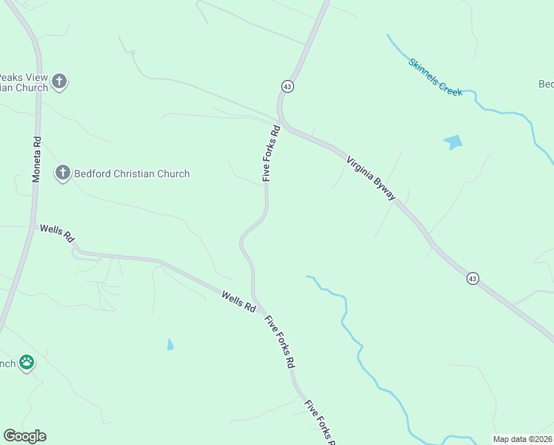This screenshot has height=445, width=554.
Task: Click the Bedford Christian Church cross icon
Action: pyautogui.click(x=63, y=174)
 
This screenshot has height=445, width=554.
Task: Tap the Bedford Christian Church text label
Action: pyautogui.click(x=131, y=174)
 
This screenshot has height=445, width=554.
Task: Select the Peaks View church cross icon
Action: pyautogui.click(x=59, y=82)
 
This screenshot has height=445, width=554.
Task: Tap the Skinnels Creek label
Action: pyautogui.click(x=435, y=77)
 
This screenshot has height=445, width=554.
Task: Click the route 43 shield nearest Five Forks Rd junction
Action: pyautogui.click(x=287, y=87)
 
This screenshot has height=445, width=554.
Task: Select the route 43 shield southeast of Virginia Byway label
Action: pyautogui.click(x=473, y=278)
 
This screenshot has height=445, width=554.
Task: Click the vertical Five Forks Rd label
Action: pyautogui.click(x=271, y=154)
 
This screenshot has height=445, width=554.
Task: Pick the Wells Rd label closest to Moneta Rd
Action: pyautogui.click(x=58, y=234)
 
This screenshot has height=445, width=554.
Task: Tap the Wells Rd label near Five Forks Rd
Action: pyautogui.click(x=238, y=300)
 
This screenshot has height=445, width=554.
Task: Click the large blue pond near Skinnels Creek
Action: pyautogui.click(x=453, y=142)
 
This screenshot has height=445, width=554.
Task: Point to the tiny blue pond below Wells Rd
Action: pyautogui.click(x=171, y=344)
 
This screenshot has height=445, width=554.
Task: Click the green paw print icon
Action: pyautogui.click(x=27, y=363)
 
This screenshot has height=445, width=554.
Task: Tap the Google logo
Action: pyautogui.click(x=24, y=436)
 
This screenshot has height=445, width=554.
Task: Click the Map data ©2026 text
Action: pyautogui.click(x=522, y=439)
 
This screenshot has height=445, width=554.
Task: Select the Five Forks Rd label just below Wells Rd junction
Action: pyautogui.click(x=281, y=342)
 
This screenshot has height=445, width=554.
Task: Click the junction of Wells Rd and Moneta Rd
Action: pyautogui.click(x=33, y=225)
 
